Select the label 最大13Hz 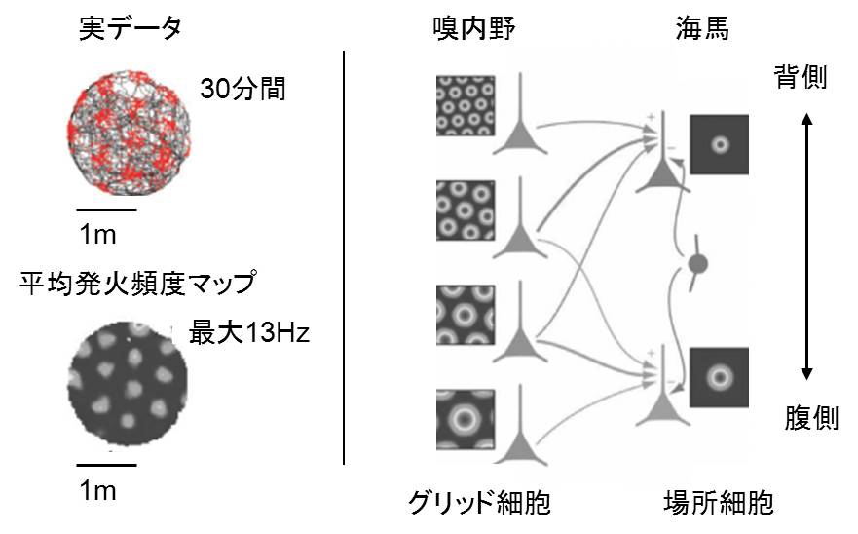(x=249, y=334)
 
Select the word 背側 (x=801, y=77)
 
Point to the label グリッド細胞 (x=479, y=503)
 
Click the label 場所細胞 (x=718, y=503)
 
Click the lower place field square (x=719, y=375)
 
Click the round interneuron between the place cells (x=697, y=263)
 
